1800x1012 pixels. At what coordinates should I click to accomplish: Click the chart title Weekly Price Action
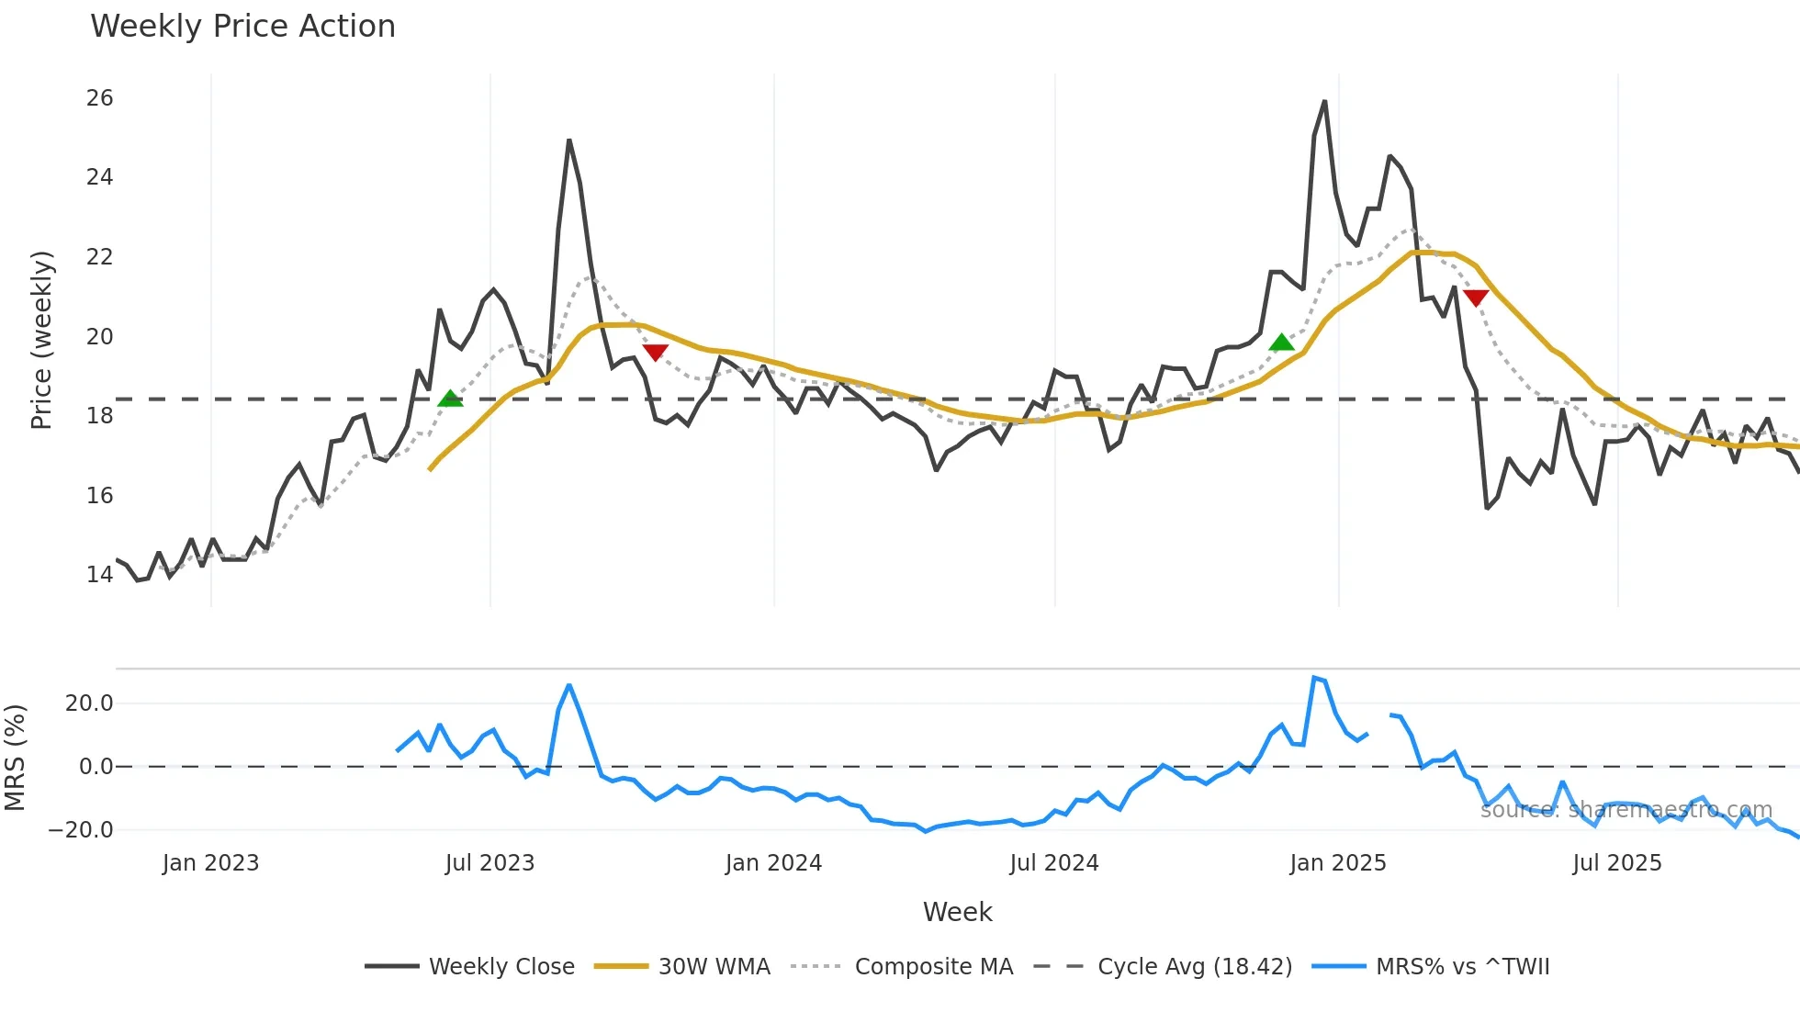coord(242,27)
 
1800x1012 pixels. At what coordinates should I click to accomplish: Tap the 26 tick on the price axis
coord(99,98)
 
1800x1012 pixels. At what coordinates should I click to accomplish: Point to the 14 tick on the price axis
coord(99,575)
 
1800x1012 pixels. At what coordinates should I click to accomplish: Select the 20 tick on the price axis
coord(99,337)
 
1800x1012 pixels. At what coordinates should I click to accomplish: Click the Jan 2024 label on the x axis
coord(773,863)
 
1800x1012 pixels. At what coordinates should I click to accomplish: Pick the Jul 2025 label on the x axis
coord(1616,863)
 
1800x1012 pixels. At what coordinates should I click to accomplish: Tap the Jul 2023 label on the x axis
coord(489,863)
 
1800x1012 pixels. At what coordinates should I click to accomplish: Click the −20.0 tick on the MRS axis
coord(80,830)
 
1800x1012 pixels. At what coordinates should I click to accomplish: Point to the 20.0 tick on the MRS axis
coord(89,703)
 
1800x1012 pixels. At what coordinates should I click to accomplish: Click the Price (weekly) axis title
coord(41,340)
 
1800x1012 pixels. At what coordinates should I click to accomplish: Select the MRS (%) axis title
coord(15,758)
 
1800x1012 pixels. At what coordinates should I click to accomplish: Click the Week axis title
coord(957,912)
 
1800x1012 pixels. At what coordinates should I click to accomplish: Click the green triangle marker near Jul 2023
coord(450,399)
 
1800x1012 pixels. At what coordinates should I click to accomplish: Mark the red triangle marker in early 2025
coord(1476,298)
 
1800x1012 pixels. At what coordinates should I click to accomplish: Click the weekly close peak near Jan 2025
coord(1324,102)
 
